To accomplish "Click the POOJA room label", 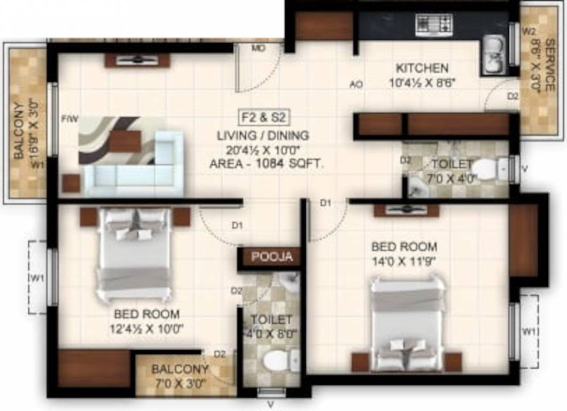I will point(272,257).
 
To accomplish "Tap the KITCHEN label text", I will point(422,68).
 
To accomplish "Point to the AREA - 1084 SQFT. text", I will point(267,165).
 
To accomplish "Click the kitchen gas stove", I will point(433,24).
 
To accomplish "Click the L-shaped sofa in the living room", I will point(134,166).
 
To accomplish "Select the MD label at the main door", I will point(259,48).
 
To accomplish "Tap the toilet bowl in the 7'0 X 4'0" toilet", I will point(487,169).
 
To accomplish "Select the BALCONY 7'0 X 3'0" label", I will point(180,375).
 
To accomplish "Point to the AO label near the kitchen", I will point(356,84).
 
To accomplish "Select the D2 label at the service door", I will point(512,96).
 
